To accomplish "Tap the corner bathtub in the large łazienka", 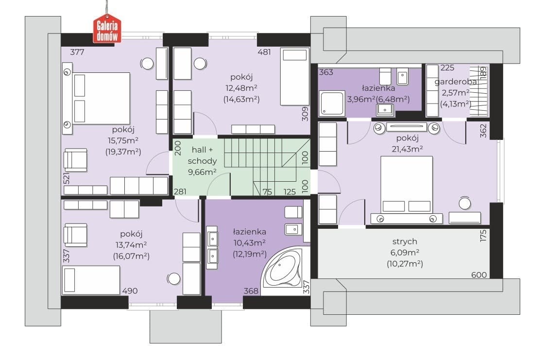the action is [282, 270].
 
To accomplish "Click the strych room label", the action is [405, 241].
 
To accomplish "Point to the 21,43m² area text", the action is [407, 149].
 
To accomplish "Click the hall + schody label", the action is [202, 155].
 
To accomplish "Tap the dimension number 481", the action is [264, 52].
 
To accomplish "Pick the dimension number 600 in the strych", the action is [479, 275].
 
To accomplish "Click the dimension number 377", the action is [77, 52].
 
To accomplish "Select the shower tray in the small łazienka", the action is [332, 103].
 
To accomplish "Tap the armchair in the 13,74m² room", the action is [75, 235].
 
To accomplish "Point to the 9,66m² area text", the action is [202, 171].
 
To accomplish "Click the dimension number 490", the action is [130, 291].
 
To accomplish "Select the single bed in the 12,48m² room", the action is [295, 76].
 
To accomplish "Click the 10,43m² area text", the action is [250, 242].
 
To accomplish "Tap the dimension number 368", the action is [251, 291].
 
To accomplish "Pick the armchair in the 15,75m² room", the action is [75, 160].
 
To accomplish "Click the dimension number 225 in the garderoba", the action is [447, 68].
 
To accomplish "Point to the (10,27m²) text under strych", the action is [405, 264].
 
